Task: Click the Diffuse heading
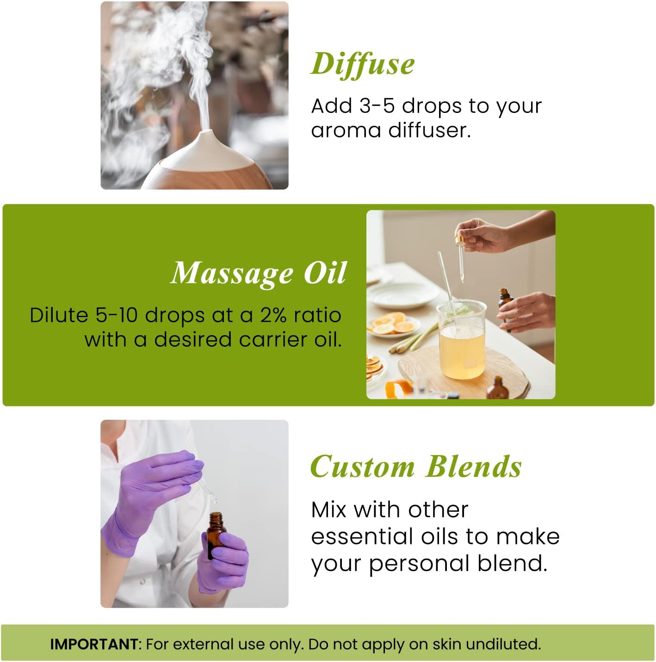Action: [x=362, y=64]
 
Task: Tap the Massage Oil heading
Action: [x=259, y=273]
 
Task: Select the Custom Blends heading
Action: [x=416, y=466]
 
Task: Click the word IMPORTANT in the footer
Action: [x=94, y=644]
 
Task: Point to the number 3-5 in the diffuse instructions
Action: [x=377, y=106]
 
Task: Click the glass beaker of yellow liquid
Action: [x=461, y=343]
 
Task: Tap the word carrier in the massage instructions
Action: [x=273, y=340]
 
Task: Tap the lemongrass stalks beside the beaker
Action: [x=412, y=340]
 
